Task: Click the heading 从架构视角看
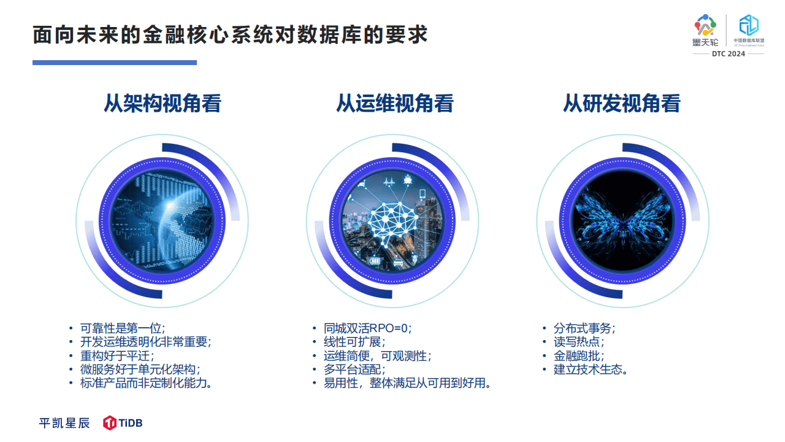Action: pos(163,104)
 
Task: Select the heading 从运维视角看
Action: pos(395,104)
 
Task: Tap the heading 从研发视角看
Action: pos(622,104)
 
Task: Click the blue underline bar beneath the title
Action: pos(115,63)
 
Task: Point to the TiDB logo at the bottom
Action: pos(123,423)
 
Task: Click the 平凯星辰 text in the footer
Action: pos(64,423)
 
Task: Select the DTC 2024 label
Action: pos(728,53)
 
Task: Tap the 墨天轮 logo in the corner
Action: pos(705,30)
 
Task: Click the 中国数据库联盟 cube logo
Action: pos(749,30)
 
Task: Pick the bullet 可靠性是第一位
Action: pos(123,328)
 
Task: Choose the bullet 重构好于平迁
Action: pos(117,355)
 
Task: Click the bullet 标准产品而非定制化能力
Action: pos(146,383)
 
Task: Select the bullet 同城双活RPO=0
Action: pos(367,328)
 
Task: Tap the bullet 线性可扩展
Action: pos(354,342)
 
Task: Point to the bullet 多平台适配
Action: pos(354,370)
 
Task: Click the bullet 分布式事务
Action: pos(584,328)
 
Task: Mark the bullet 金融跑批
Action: pos(579,355)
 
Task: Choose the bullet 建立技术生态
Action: pos(591,370)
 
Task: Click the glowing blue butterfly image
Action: pos(622,221)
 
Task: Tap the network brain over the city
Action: pos(392,222)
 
